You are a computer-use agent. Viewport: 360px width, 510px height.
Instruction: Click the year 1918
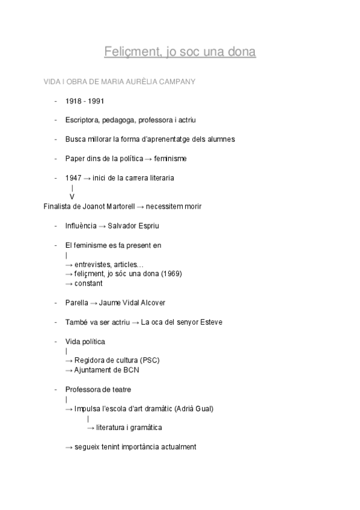(x=74, y=101)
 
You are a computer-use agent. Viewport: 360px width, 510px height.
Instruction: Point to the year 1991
(x=96, y=101)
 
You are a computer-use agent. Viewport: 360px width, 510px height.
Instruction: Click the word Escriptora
(x=82, y=120)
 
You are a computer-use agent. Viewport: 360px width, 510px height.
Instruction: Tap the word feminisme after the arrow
(x=170, y=159)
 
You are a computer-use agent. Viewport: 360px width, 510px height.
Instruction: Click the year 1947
(x=74, y=178)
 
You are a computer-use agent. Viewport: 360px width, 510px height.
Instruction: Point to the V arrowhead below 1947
(x=72, y=197)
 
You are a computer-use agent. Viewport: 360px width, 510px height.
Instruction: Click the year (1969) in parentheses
(x=170, y=274)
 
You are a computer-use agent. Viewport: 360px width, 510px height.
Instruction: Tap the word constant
(x=88, y=283)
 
